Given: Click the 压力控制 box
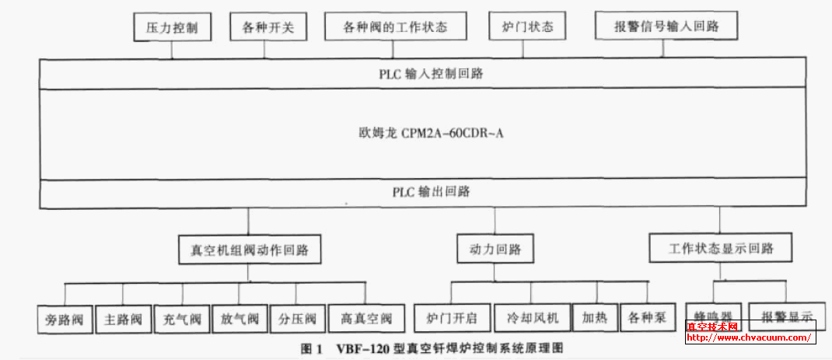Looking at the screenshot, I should [x=172, y=28].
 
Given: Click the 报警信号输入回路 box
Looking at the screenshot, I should [x=666, y=26].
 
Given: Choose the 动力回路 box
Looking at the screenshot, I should [x=495, y=250].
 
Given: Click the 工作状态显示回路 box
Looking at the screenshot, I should [x=721, y=249].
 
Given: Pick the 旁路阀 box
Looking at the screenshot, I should [x=65, y=318].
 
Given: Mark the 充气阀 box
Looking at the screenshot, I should [x=182, y=318].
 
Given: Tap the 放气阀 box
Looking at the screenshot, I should [x=239, y=318].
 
